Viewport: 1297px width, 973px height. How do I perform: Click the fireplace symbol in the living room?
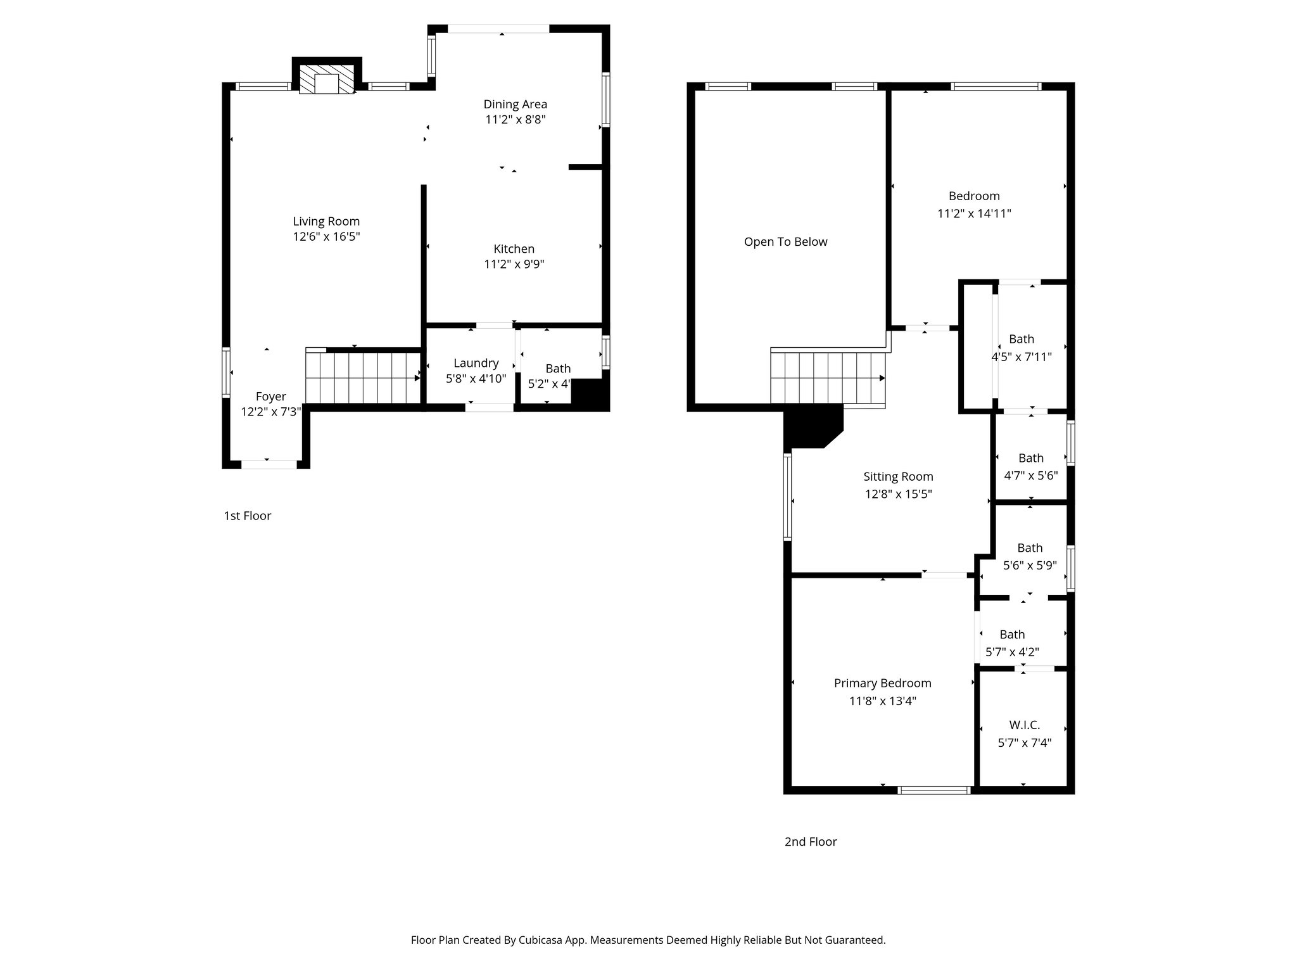pos(327,80)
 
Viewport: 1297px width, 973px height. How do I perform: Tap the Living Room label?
pos(326,221)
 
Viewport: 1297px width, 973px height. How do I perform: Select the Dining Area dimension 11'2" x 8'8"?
pos(515,120)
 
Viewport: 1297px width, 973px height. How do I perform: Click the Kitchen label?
pos(514,249)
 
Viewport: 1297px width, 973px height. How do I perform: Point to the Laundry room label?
pos(476,363)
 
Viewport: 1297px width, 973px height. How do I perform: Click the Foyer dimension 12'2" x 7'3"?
pos(270,412)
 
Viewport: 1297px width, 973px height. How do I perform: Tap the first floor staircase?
pos(363,378)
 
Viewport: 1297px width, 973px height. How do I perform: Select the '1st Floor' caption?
pos(247,516)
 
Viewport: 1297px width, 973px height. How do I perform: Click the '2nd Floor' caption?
pos(810,841)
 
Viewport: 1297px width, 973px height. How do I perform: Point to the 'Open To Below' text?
pos(785,242)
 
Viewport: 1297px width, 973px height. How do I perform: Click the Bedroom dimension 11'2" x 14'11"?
pos(974,214)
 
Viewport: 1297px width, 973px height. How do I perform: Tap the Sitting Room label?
pos(898,476)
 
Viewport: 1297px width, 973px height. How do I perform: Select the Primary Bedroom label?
pos(882,683)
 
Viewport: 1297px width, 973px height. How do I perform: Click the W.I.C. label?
pos(1024,725)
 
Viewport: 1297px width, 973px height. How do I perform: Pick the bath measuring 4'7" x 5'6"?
pos(1030,467)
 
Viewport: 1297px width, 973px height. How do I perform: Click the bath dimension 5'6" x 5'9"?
pos(1030,566)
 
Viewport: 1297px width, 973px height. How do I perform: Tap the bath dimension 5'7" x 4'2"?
pos(1012,652)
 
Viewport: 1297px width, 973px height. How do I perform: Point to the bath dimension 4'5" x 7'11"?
pos(1021,357)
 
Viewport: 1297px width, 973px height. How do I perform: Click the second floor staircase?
pos(828,378)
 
